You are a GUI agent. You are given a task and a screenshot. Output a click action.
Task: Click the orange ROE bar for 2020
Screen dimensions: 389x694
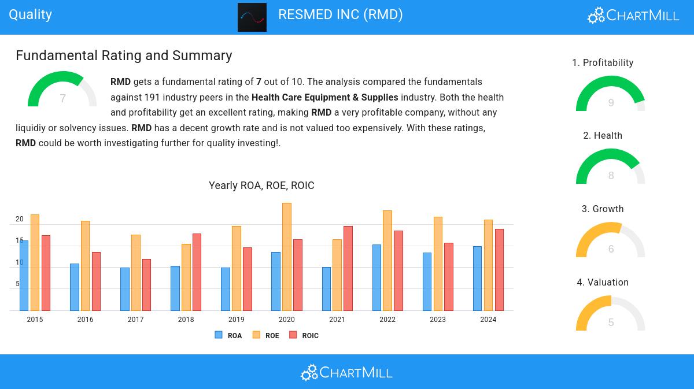pos(287,257)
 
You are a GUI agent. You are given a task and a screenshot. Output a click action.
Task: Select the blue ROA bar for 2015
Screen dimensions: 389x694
pos(24,276)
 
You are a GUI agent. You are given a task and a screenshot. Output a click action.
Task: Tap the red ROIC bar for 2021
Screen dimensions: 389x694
pos(348,268)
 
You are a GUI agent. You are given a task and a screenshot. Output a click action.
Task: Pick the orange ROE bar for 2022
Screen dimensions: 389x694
pos(387,261)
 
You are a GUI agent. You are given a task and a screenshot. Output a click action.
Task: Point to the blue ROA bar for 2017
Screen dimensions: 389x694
pos(125,289)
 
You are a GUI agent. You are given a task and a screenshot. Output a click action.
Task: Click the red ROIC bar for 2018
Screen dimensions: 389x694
pos(197,272)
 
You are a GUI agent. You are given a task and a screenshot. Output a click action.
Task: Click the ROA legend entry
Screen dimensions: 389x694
pos(228,335)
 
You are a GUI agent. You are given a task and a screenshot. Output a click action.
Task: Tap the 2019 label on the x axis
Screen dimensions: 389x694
pos(236,320)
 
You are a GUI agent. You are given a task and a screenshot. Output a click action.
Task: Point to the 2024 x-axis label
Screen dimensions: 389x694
pos(488,320)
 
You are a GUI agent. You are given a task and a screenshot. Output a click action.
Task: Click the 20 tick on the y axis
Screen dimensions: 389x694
pos(20,219)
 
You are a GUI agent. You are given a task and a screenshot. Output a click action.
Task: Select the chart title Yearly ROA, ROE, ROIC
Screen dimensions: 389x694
pos(261,186)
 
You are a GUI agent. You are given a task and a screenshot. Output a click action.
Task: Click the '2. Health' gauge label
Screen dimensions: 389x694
pos(603,136)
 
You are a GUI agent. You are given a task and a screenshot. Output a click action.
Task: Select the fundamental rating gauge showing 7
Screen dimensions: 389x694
pos(62,91)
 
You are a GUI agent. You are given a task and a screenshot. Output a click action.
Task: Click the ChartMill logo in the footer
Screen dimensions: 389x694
pos(346,372)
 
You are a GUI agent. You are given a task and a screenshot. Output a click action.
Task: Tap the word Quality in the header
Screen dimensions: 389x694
pos(30,14)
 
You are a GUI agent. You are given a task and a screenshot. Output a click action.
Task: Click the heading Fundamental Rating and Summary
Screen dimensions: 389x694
pos(124,55)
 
